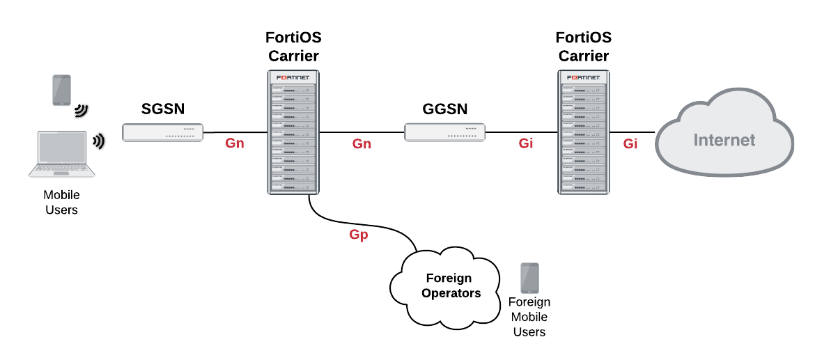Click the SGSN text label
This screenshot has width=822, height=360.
(x=162, y=109)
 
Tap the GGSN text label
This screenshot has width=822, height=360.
(x=444, y=109)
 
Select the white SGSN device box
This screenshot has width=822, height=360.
(x=162, y=132)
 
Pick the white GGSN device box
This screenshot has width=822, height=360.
(x=444, y=132)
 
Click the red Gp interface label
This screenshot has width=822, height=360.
(x=359, y=235)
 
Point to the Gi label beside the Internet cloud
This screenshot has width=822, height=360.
(x=630, y=144)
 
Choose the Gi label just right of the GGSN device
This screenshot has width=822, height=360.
(x=526, y=144)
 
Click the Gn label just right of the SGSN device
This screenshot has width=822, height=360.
(x=235, y=144)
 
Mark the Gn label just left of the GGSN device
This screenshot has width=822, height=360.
(x=362, y=144)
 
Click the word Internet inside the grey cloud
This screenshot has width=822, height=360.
(x=724, y=140)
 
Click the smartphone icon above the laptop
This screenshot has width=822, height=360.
(x=62, y=90)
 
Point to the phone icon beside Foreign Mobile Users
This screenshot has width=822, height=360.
(x=529, y=278)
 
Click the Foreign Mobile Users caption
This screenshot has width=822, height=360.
(x=529, y=317)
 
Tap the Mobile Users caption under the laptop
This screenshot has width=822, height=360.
(x=61, y=202)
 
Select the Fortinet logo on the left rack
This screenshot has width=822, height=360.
(x=293, y=77)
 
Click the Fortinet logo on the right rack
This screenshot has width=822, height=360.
(x=584, y=77)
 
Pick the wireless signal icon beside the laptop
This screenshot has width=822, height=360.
(x=99, y=141)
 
